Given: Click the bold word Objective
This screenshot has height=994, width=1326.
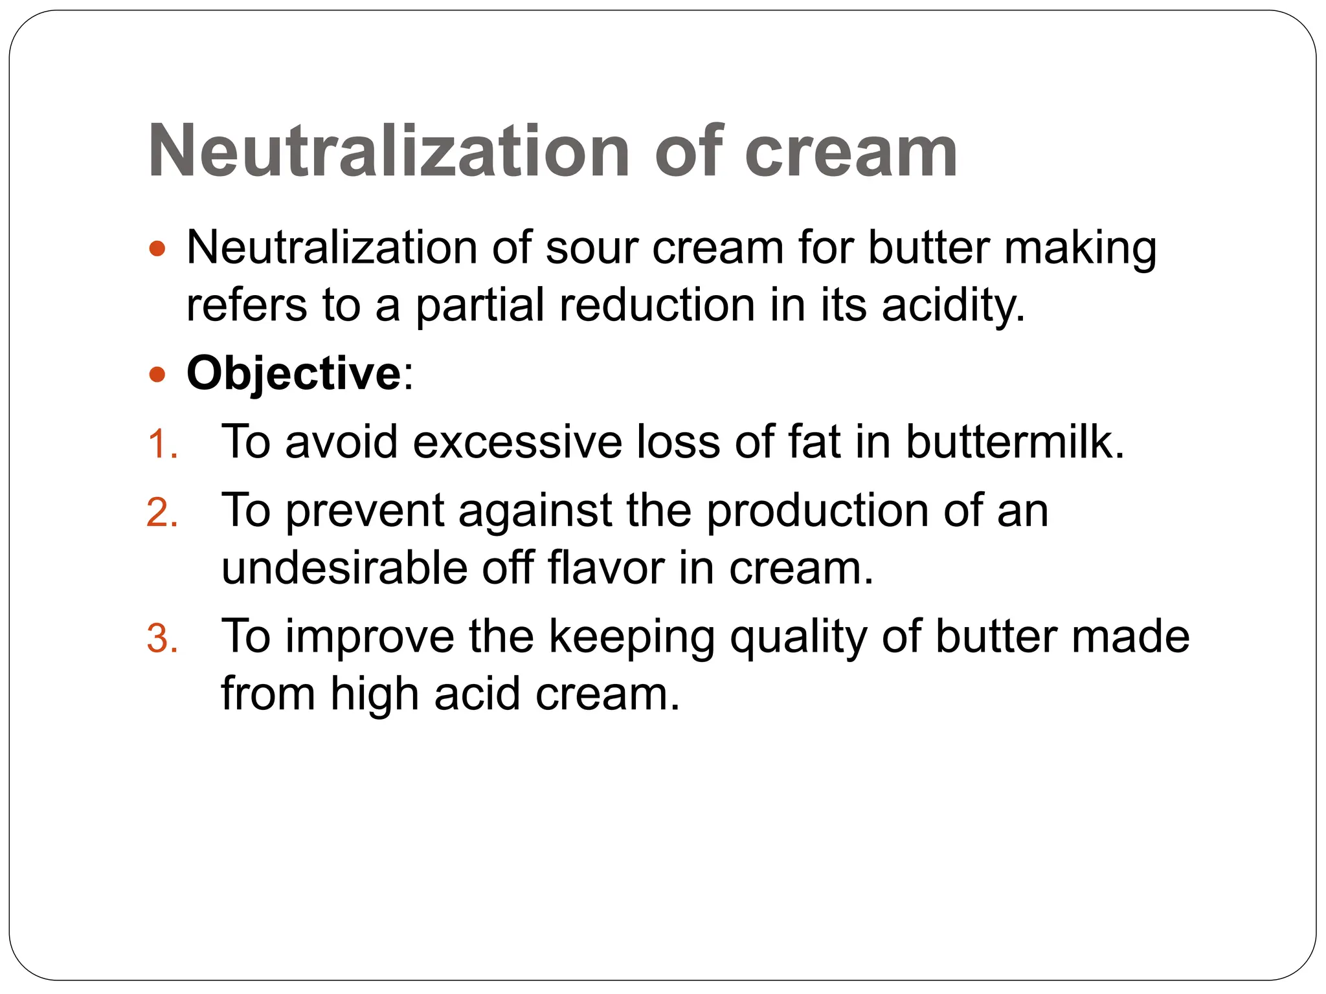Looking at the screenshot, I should pos(294,374).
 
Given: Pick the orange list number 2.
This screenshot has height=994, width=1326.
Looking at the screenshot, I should pos(162,514).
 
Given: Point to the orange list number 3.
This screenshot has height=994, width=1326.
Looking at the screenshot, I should pos(162,639).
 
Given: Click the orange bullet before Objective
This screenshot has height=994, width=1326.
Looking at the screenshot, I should pos(157,374).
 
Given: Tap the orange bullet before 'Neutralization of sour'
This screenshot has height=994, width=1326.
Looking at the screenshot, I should pos(157,248).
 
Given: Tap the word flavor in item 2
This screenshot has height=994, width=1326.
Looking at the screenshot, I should pos(605,568).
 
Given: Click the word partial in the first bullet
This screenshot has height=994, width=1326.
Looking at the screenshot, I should pos(480,305).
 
